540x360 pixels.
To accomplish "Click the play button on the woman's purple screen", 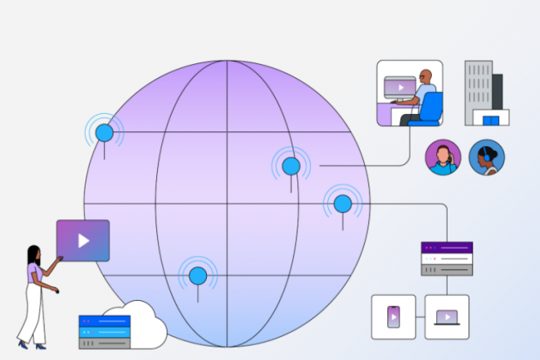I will (x=83, y=241).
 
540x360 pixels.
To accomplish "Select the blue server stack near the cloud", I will (x=104, y=331).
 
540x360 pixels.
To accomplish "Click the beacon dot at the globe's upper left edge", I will (x=104, y=132).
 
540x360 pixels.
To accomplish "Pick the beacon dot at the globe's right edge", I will (x=342, y=203).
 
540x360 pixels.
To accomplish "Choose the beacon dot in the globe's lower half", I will (x=198, y=275).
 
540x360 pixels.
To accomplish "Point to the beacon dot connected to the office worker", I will (x=291, y=166).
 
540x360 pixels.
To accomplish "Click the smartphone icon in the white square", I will (x=393, y=317).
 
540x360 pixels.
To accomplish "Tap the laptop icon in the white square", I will (x=447, y=317).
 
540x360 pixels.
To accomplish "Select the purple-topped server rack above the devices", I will (x=447, y=259).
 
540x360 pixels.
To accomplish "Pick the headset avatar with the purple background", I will (x=443, y=157).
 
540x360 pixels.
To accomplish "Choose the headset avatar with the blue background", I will (x=486, y=157).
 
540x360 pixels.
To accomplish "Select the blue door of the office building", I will (x=491, y=121).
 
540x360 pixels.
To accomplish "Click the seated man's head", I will (x=425, y=76).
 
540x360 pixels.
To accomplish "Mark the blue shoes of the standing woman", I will (x=31, y=344).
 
